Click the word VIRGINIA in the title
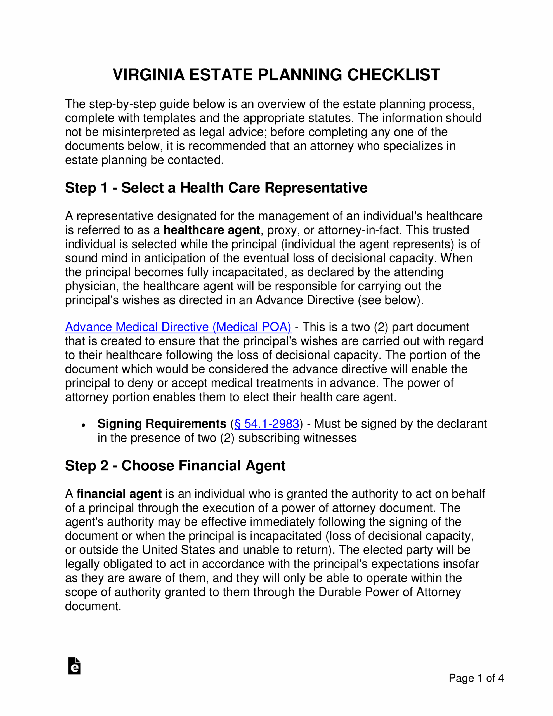[148, 75]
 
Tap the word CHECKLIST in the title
[393, 75]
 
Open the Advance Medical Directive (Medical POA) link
[178, 327]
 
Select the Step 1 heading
[216, 188]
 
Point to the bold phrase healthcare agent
[212, 230]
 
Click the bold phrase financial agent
[119, 494]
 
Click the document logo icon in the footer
[74, 666]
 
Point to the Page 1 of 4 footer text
[476, 678]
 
